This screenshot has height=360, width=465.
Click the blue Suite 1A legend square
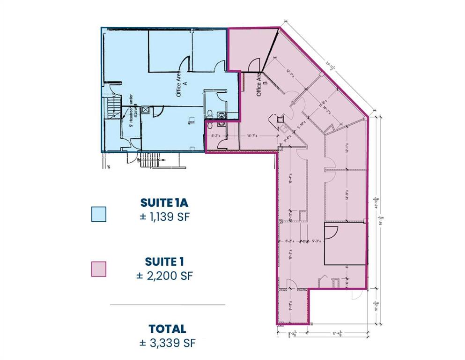click(99, 214)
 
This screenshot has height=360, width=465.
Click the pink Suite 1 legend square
click(99, 269)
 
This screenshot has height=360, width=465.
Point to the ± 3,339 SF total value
click(167, 343)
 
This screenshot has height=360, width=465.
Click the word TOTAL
click(167, 329)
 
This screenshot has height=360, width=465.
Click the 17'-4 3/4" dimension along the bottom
click(336, 334)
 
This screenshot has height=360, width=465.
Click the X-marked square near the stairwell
click(146, 111)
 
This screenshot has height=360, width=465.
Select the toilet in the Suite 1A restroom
click(210, 114)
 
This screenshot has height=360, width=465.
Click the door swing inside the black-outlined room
click(331, 232)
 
